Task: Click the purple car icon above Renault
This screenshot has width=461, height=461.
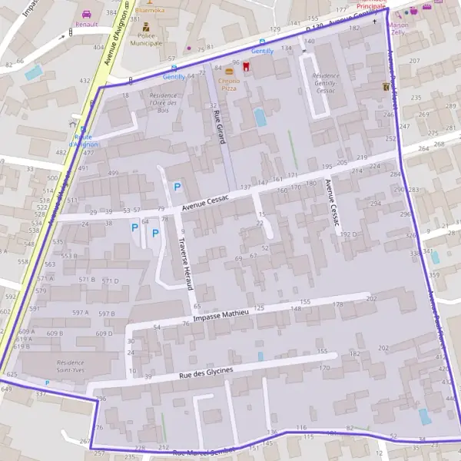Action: [86, 14]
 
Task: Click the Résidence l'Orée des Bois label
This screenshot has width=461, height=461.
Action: [164, 103]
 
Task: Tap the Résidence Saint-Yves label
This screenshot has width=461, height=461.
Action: [71, 365]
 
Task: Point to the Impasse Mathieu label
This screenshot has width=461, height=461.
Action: [221, 315]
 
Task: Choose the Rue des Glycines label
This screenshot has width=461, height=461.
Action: [205, 373]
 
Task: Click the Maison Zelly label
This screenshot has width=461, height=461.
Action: [399, 29]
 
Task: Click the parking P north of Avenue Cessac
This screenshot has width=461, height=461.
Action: [177, 186]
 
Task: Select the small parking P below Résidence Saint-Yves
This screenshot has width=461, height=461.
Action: [47, 383]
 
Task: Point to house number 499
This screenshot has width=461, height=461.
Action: [113, 174]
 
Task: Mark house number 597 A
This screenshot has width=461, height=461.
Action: [80, 313]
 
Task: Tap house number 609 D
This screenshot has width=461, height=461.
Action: [104, 333]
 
